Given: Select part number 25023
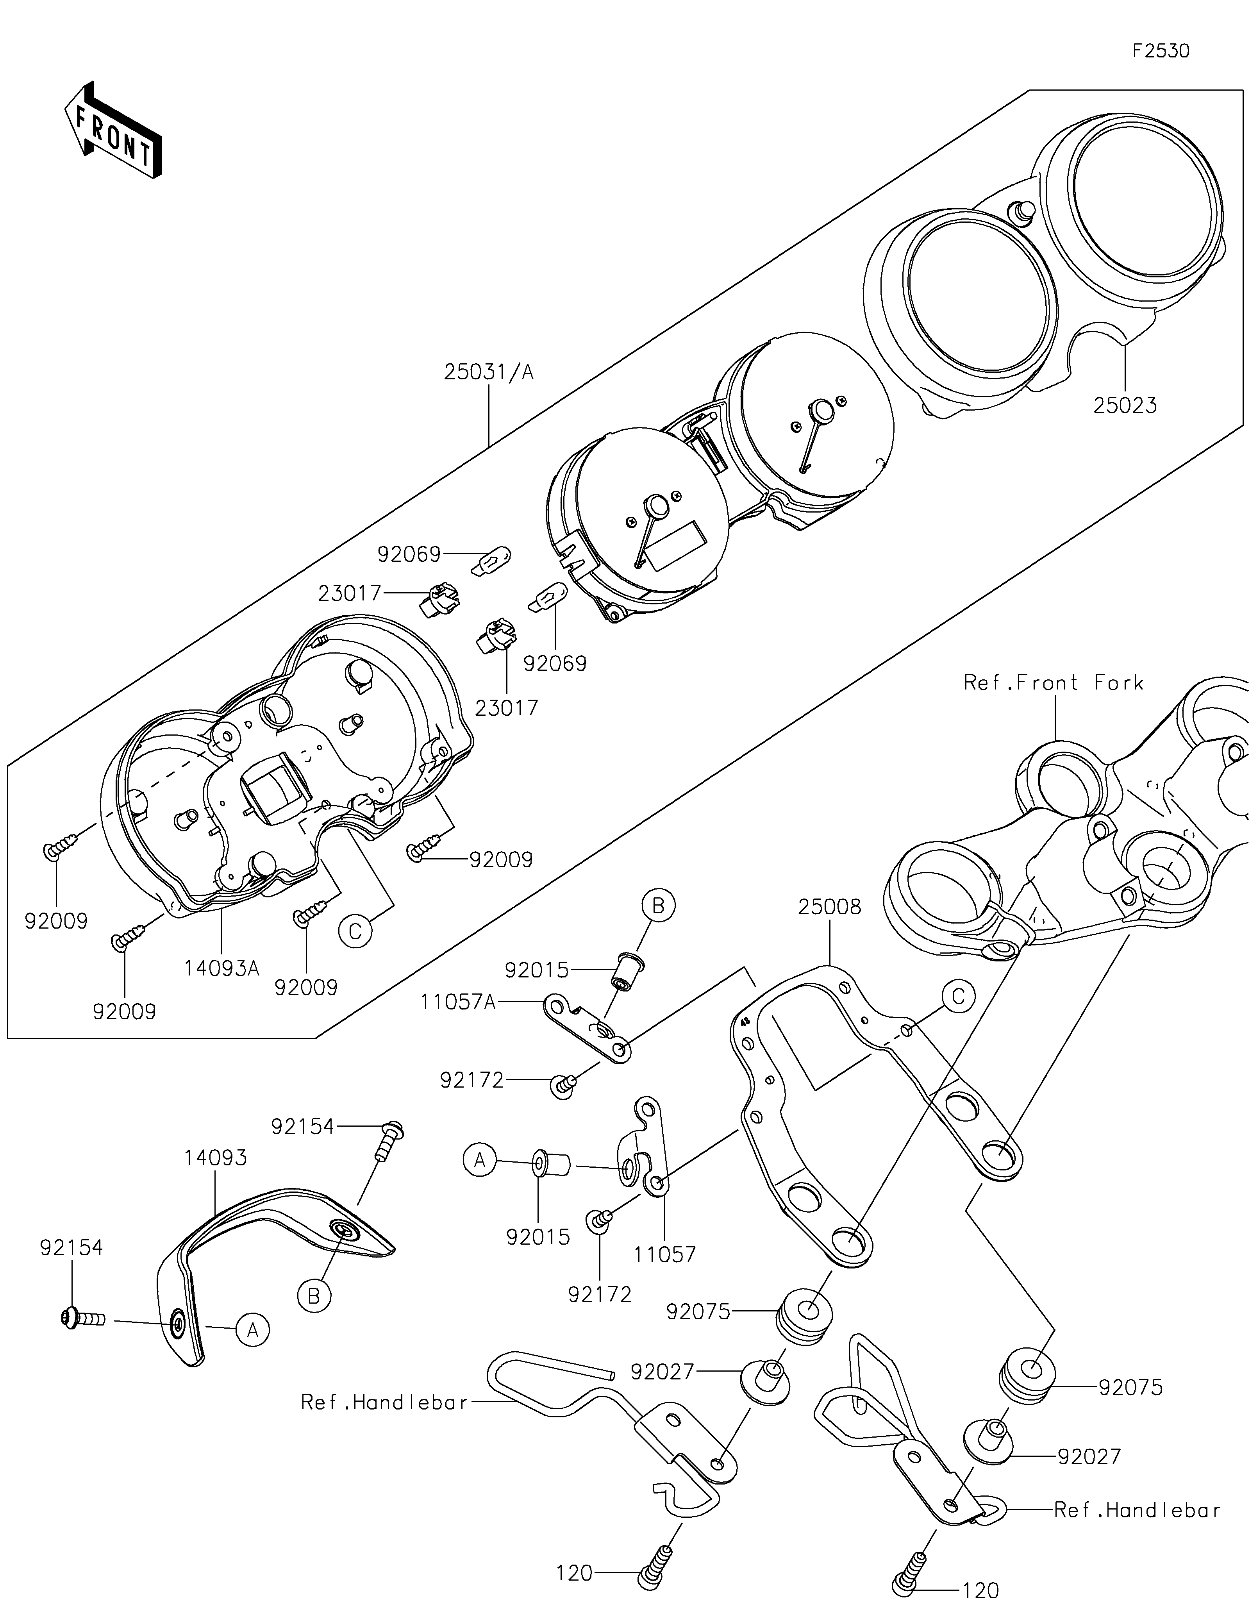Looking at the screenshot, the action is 1125,405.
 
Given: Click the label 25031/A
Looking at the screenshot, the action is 489,372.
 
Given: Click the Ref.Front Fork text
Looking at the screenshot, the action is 1054,682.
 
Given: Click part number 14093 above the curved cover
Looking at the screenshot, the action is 215,1158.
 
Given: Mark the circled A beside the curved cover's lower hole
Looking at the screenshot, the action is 253,1330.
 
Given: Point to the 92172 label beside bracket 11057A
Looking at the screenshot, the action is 471,1080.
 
